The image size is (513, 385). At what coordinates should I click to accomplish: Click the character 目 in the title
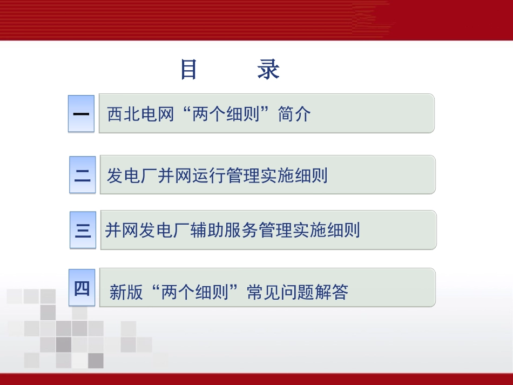188,70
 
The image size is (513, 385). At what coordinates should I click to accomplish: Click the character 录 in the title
268,70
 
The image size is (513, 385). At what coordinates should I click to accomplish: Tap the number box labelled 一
81,114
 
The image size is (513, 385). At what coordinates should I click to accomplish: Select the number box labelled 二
82,175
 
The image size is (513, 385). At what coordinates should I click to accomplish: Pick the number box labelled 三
83,231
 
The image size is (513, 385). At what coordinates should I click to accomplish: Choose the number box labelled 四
82,289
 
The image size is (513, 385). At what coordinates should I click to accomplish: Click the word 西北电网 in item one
141,114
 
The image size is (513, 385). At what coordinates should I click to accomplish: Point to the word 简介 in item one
294,114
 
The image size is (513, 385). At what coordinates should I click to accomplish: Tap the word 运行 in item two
210,175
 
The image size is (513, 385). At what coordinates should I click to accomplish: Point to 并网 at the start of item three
122,231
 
